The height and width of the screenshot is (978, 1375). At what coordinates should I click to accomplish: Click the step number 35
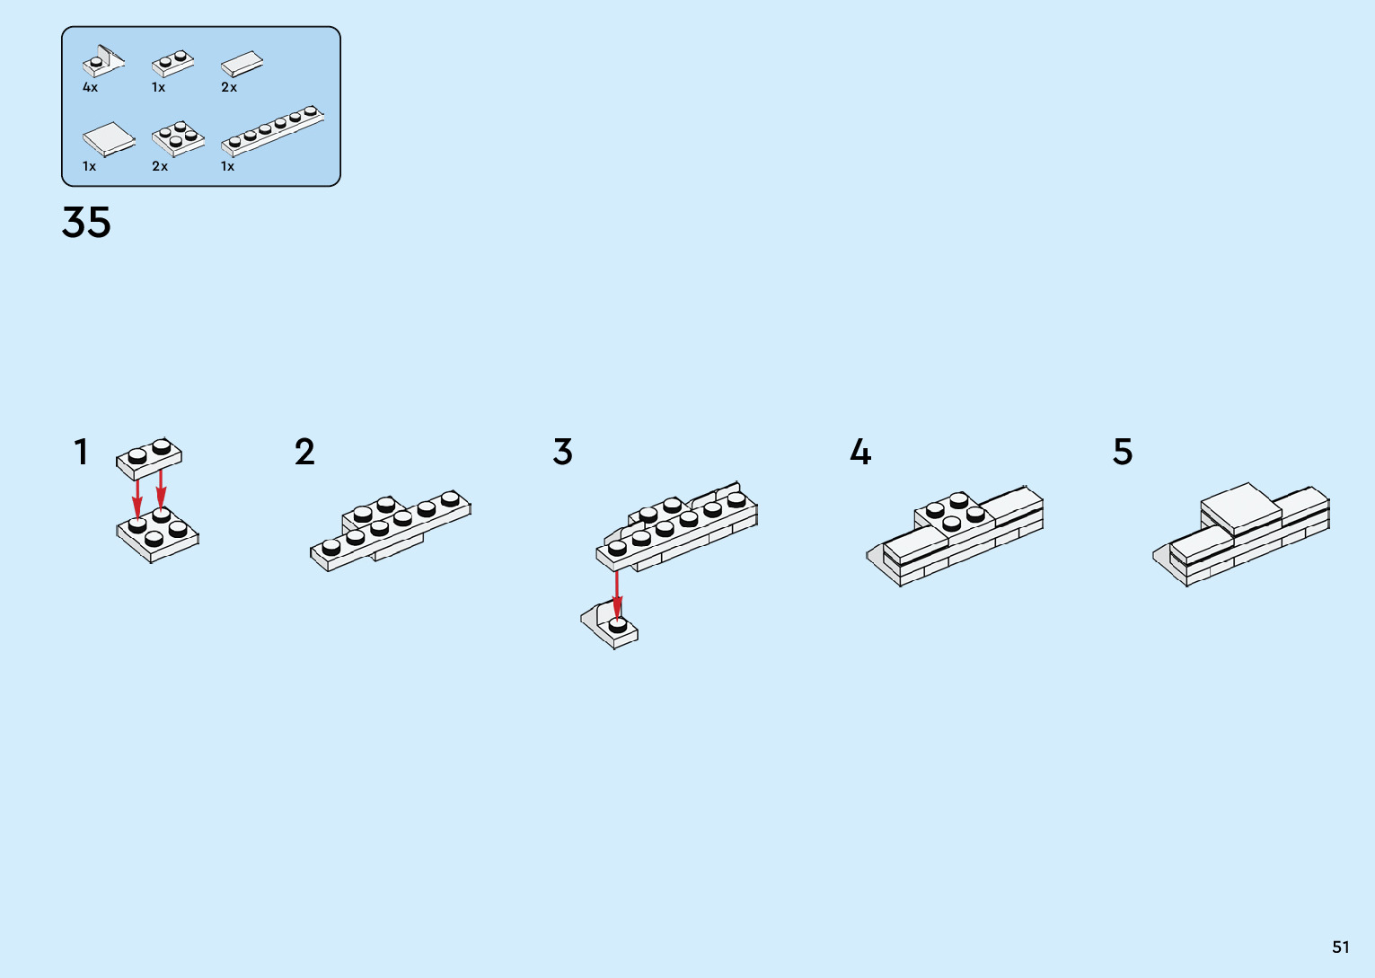click(86, 222)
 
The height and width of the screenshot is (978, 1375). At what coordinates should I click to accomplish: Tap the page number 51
click(1340, 947)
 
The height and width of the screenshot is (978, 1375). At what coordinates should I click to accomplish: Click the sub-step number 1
click(81, 452)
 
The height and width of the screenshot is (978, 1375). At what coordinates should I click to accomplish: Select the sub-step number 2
click(304, 452)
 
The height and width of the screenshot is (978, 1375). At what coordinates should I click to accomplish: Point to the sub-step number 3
click(562, 452)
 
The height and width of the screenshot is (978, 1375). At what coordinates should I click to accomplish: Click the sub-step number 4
click(859, 452)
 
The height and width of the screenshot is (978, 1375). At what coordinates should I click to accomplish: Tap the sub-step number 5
click(1123, 452)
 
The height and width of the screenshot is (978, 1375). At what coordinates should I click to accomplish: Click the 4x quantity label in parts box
click(90, 88)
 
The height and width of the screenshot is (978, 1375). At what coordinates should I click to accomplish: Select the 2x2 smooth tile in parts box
click(109, 139)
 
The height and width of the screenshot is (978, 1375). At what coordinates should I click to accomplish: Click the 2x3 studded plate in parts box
click(178, 139)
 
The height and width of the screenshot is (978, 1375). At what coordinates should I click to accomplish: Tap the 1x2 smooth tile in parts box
click(242, 65)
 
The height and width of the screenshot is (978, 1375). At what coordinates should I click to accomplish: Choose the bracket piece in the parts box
click(103, 62)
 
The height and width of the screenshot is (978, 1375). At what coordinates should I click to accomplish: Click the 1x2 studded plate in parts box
click(172, 63)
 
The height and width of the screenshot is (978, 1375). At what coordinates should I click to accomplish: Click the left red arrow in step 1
click(137, 492)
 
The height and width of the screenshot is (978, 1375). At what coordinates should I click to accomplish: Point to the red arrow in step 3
click(617, 593)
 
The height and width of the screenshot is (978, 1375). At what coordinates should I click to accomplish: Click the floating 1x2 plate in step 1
click(149, 456)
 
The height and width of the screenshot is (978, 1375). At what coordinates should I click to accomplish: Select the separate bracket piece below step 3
click(610, 625)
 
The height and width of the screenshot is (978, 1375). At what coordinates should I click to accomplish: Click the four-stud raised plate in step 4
click(955, 513)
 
